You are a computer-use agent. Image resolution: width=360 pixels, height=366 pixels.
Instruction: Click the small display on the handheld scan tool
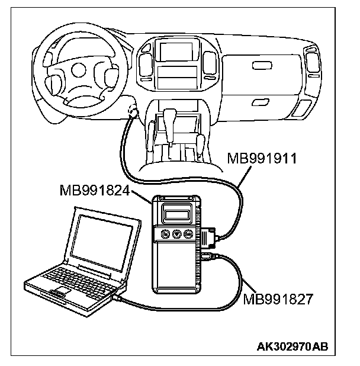pyautogui.click(x=176, y=212)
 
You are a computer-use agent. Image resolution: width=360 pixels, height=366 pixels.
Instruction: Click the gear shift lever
pyautogui.click(x=171, y=118)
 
